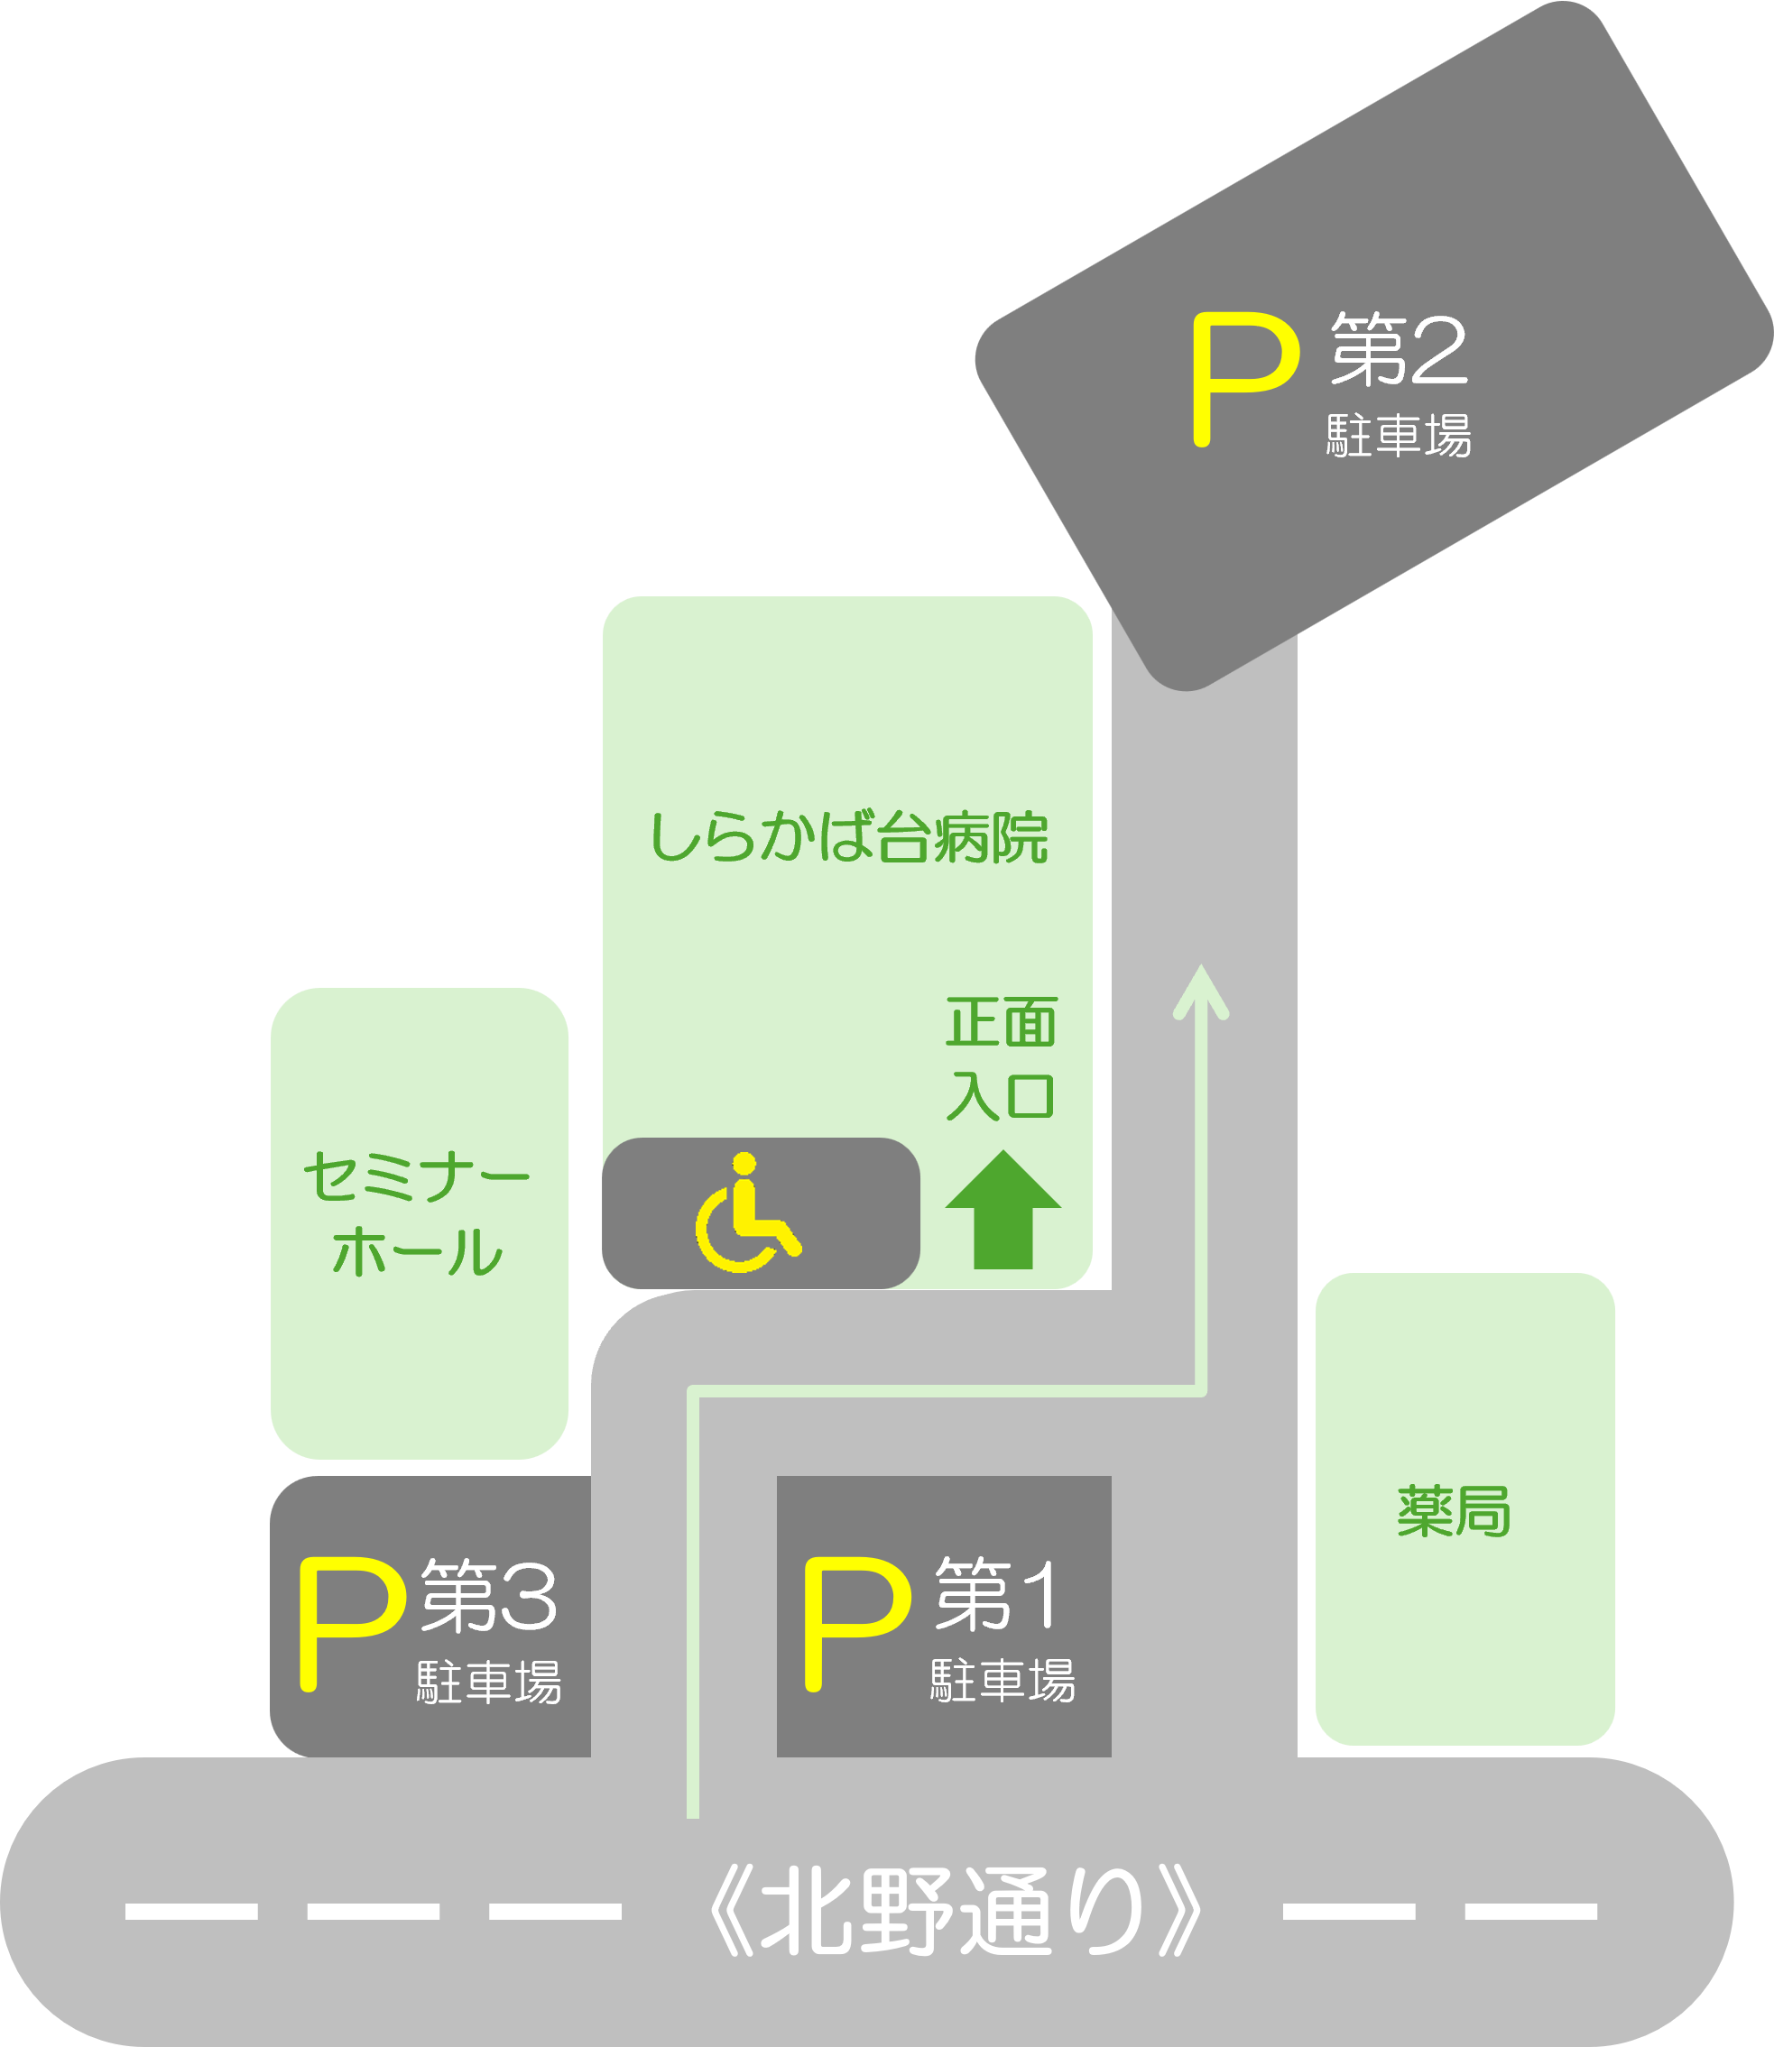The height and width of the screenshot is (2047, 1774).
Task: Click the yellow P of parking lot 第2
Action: click(x=1245, y=379)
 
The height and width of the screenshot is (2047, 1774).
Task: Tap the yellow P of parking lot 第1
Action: click(x=857, y=1624)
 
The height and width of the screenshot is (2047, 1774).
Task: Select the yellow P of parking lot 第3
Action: click(x=353, y=1624)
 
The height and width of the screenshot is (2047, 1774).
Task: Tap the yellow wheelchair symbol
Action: click(x=747, y=1213)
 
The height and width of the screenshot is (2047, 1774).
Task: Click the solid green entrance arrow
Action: click(x=1002, y=1209)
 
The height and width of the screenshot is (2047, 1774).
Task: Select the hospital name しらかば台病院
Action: click(x=848, y=836)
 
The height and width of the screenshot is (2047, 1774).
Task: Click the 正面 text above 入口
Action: click(x=1002, y=1021)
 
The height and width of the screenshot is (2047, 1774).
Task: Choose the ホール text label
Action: click(x=417, y=1251)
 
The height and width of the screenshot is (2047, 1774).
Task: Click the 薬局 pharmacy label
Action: click(x=1454, y=1510)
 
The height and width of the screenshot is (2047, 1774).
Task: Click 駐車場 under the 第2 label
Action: click(x=1399, y=435)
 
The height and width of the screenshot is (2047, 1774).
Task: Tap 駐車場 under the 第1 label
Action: click(x=1002, y=1680)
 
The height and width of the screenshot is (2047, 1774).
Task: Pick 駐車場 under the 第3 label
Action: click(x=489, y=1681)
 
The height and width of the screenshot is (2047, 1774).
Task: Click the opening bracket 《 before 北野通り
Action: click(x=733, y=1912)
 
